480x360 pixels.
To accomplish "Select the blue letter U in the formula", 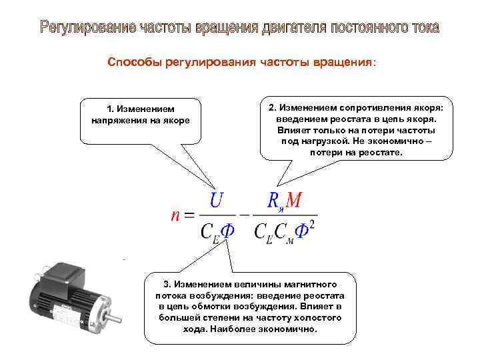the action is (x=217, y=199).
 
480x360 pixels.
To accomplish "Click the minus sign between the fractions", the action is (x=244, y=215).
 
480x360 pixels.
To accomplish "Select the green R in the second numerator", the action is (x=273, y=200).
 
